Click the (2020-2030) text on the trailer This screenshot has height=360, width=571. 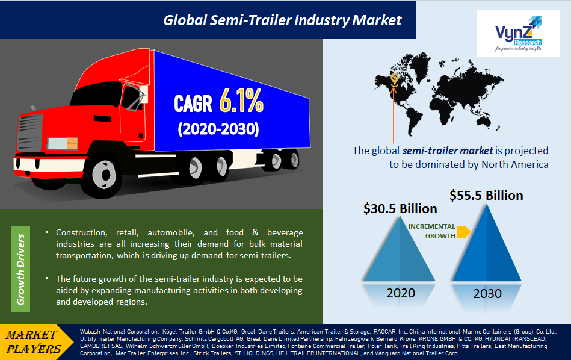(x=218, y=129)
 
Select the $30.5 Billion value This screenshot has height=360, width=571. (x=400, y=209)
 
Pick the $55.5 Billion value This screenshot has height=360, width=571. (x=486, y=195)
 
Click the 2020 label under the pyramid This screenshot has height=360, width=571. (x=400, y=293)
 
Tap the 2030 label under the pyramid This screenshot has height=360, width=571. (x=487, y=293)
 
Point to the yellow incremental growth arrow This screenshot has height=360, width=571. (x=463, y=231)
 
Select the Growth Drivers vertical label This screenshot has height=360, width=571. (x=22, y=269)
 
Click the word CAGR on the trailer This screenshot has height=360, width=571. (x=193, y=104)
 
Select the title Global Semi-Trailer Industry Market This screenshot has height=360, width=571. (x=282, y=20)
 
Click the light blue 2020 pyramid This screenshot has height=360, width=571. (x=400, y=253)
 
